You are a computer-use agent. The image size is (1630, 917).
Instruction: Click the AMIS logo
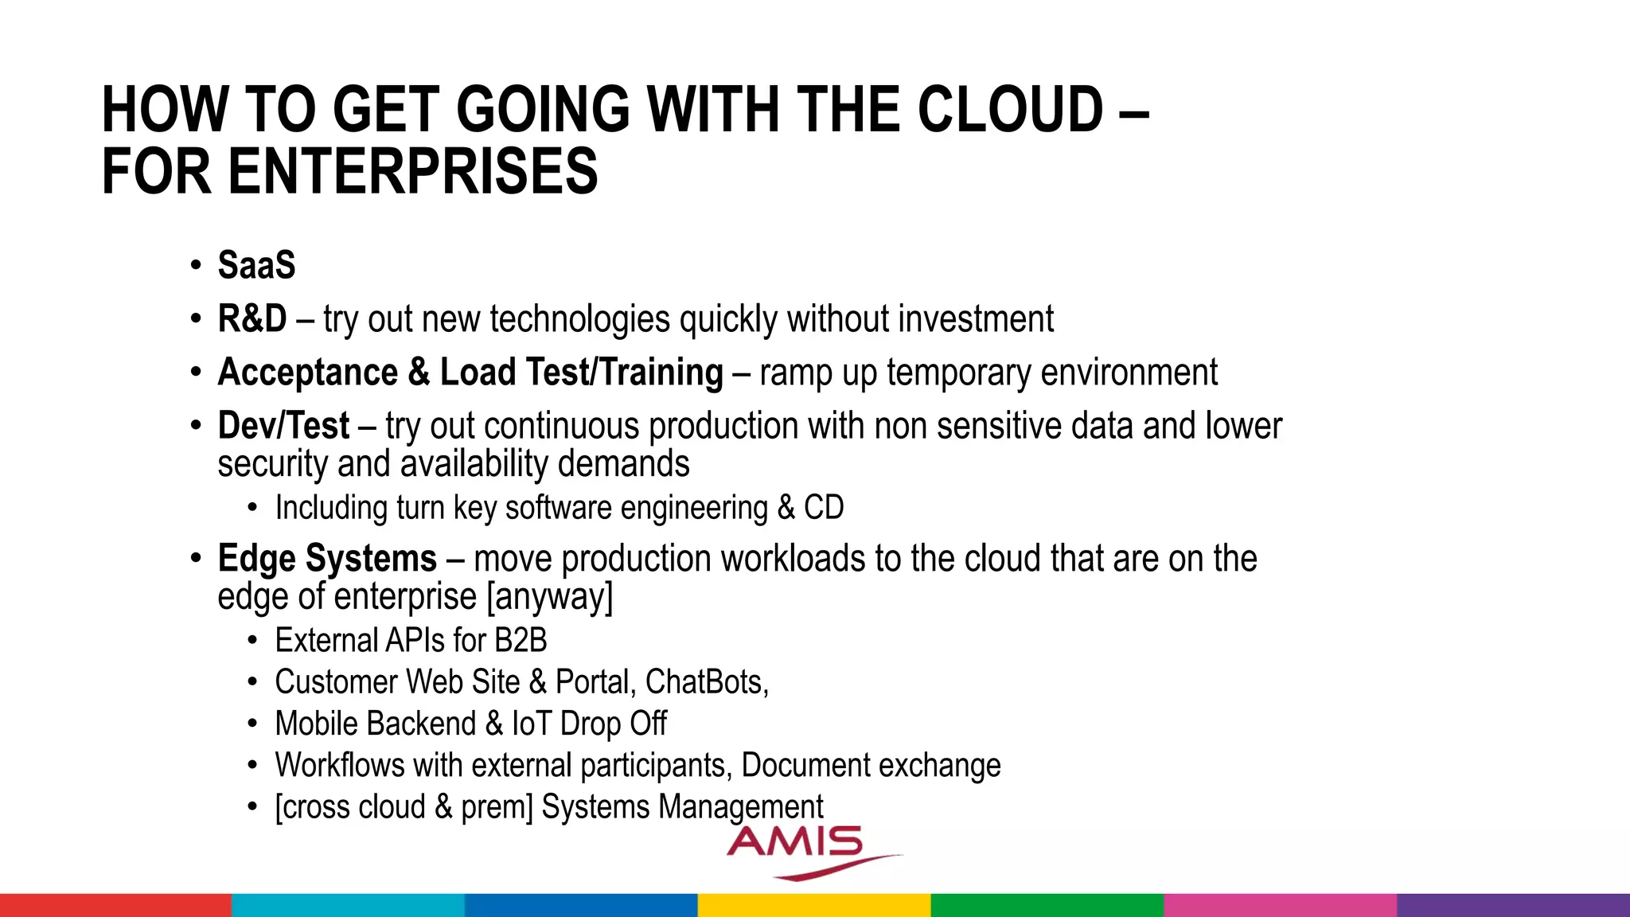coord(804,850)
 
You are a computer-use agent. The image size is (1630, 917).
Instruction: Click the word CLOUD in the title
coord(1010,110)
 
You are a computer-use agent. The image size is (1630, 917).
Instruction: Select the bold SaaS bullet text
coord(256,265)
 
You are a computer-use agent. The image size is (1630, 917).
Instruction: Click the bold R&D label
coord(252,318)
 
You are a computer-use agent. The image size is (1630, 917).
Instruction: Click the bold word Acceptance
coord(307,372)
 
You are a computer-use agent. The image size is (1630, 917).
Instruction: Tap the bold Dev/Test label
coord(283,425)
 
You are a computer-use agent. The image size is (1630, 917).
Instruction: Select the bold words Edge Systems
coord(327,558)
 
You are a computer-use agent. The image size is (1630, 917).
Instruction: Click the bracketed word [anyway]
coord(549,596)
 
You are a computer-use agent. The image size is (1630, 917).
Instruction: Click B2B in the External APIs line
coord(521,640)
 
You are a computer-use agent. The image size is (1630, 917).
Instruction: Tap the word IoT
coord(531,724)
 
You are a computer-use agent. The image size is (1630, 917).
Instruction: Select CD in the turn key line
coord(824,508)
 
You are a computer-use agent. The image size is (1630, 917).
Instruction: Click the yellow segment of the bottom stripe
coord(814,905)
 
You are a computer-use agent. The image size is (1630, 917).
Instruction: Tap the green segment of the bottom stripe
coord(1047,905)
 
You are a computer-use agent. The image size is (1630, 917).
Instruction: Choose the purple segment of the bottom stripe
coord(1513,905)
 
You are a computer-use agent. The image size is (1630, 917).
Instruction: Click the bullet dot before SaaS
coord(196,265)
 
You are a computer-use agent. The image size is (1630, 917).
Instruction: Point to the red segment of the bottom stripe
coord(115,905)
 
